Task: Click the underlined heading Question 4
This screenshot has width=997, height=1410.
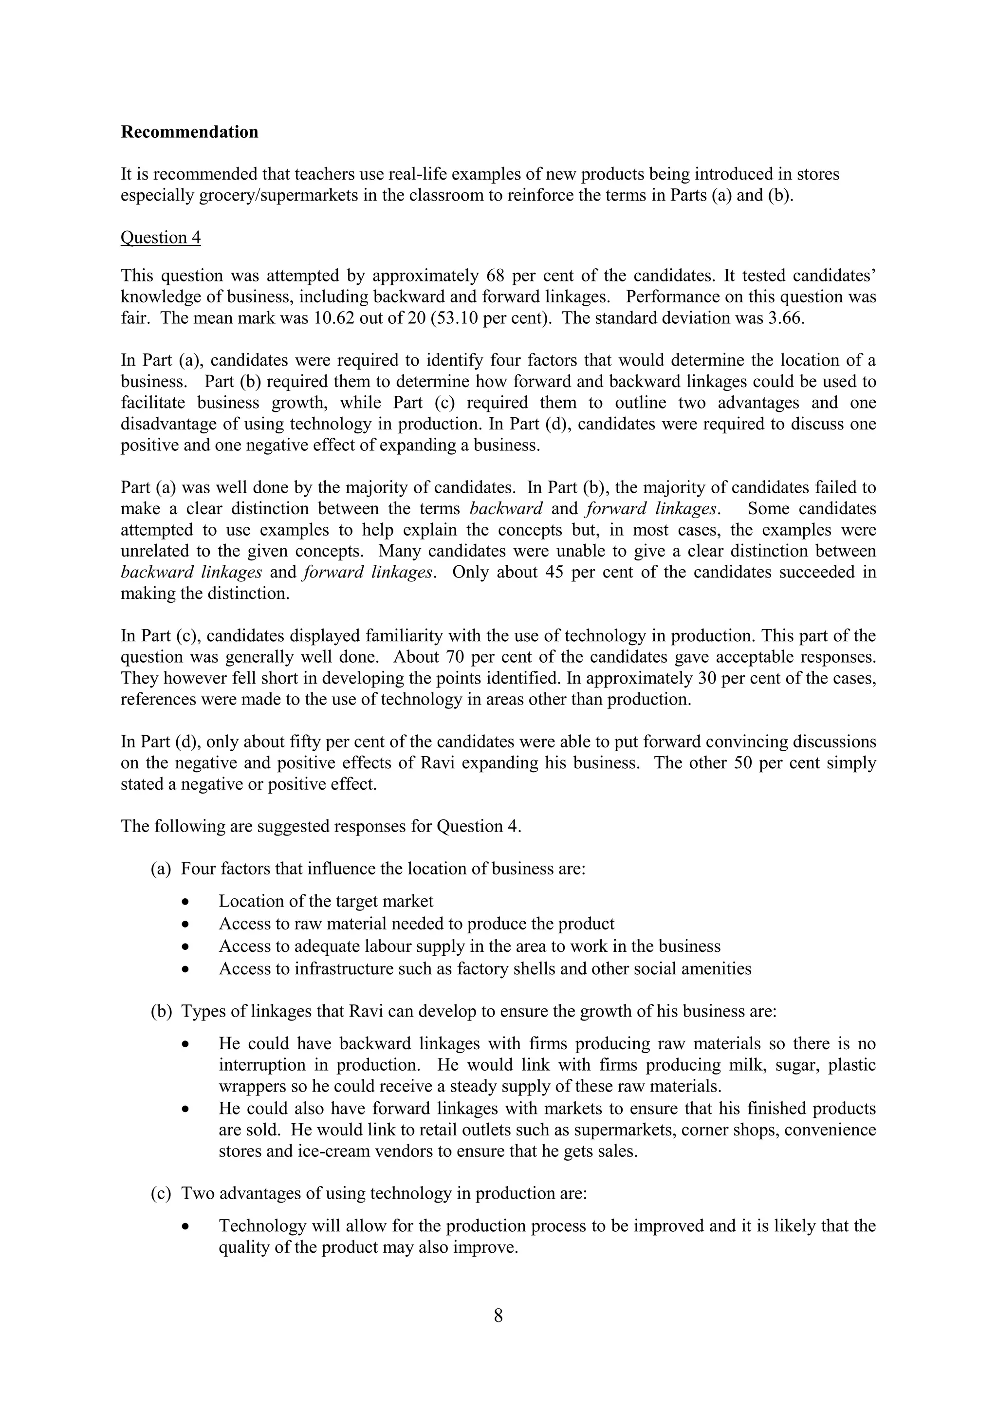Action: [160, 238]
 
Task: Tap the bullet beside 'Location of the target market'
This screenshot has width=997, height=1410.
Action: [186, 902]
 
